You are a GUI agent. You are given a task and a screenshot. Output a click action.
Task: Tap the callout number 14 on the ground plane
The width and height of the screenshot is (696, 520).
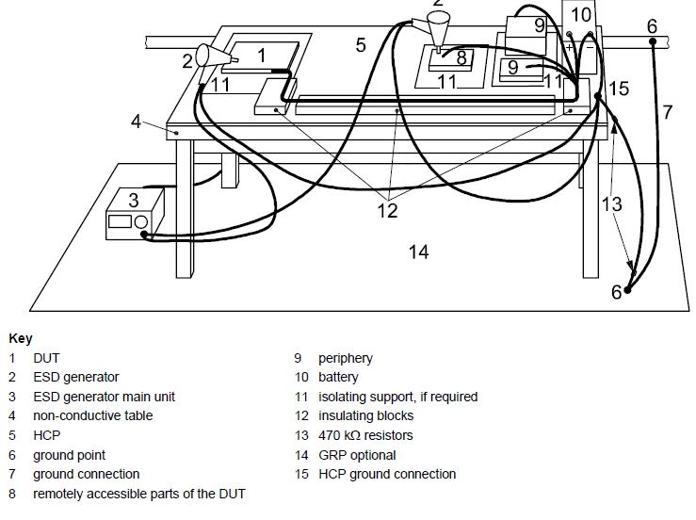coord(418,251)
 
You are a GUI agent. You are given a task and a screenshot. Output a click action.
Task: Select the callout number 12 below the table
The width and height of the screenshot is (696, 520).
coord(387,211)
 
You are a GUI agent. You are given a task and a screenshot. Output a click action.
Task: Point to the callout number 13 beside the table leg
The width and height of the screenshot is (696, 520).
coord(611,203)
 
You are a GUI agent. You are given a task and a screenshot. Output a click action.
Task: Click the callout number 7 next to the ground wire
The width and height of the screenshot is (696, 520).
coord(668,112)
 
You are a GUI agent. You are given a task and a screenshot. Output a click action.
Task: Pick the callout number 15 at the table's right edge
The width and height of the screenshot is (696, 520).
coord(619,89)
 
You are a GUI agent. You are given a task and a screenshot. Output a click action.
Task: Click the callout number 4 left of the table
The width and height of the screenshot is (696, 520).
coord(136,122)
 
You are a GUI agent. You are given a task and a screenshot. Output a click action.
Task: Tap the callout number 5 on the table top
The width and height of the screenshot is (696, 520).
coord(361,44)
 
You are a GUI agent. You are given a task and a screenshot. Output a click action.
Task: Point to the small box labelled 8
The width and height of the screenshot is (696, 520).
coord(455,58)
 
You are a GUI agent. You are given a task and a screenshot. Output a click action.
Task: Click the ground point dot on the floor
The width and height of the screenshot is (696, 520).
coord(627,289)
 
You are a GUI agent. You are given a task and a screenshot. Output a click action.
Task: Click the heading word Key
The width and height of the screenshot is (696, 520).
coord(20,338)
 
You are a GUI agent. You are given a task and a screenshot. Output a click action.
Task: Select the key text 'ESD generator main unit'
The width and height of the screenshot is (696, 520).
coord(104,397)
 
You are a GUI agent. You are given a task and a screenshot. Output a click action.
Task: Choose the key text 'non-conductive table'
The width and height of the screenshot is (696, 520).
coord(92,415)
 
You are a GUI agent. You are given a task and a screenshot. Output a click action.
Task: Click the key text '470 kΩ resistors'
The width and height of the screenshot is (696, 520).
coord(365,435)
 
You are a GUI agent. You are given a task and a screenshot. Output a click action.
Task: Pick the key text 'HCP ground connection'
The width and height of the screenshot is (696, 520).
coord(386,474)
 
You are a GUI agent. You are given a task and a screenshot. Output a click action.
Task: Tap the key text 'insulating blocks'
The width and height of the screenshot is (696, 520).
coord(365,415)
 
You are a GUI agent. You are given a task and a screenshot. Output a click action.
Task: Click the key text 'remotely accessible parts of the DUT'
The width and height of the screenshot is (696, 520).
coord(138,494)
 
